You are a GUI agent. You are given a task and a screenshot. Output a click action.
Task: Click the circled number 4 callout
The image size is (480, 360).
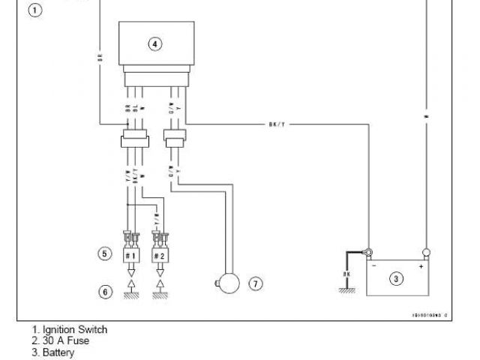154,44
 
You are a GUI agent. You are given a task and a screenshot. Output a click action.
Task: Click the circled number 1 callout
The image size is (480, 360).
34,11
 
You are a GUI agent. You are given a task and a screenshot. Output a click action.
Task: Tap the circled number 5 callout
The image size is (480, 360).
105,253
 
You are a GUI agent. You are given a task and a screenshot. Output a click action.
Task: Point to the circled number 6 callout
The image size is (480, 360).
105,290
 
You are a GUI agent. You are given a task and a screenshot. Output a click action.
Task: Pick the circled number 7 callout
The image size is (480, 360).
255,283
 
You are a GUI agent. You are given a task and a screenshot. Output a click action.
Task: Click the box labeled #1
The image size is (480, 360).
131,255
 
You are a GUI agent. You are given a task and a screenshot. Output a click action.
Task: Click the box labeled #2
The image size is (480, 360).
160,255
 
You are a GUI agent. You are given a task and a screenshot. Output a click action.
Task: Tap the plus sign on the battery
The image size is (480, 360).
420,265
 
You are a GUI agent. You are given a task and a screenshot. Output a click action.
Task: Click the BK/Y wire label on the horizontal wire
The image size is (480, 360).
276,124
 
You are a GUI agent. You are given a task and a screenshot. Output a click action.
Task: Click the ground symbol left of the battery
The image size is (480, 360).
346,295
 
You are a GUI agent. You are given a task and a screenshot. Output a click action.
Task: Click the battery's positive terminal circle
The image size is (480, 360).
425,252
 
